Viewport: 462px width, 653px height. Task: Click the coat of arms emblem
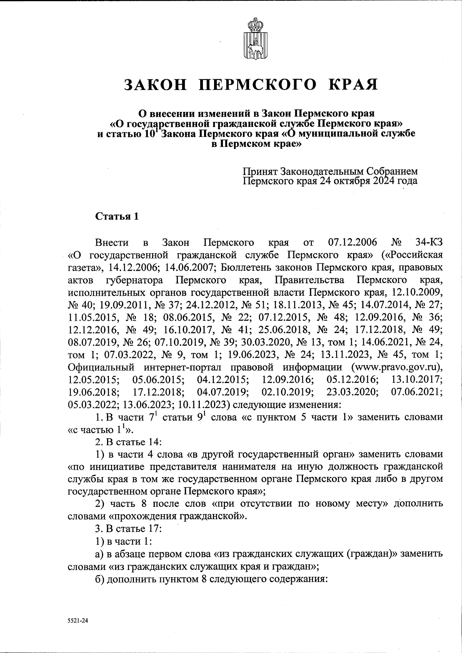coord(254,40)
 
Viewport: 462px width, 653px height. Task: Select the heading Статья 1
coord(117,216)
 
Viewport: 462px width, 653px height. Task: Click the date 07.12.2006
coord(352,243)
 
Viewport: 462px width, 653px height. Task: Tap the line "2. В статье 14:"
coord(125,441)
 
